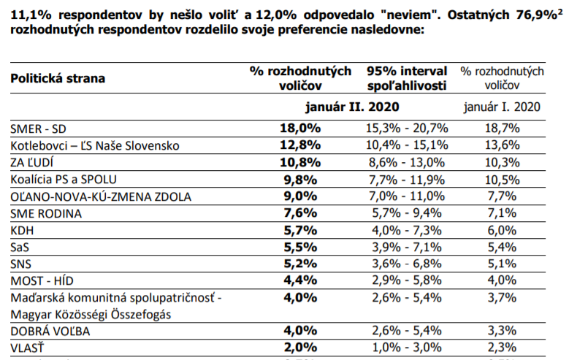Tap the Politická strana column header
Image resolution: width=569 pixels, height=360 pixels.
(x=57, y=77)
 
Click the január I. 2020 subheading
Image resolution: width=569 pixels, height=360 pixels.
(x=502, y=106)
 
